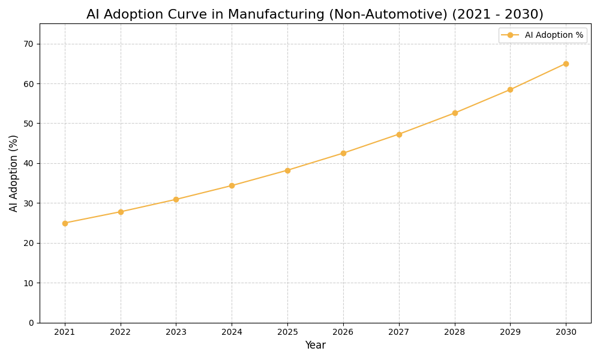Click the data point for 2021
65,223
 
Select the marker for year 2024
232,185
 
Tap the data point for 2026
343,153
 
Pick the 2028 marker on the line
455,113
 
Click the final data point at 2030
566,64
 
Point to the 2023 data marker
176,199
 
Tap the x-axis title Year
315,346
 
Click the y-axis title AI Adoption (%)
14,173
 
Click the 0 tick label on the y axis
31,323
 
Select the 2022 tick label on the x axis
121,332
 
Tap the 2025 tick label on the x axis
287,332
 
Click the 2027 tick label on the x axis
399,332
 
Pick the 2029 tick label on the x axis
510,332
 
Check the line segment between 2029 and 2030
538,77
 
